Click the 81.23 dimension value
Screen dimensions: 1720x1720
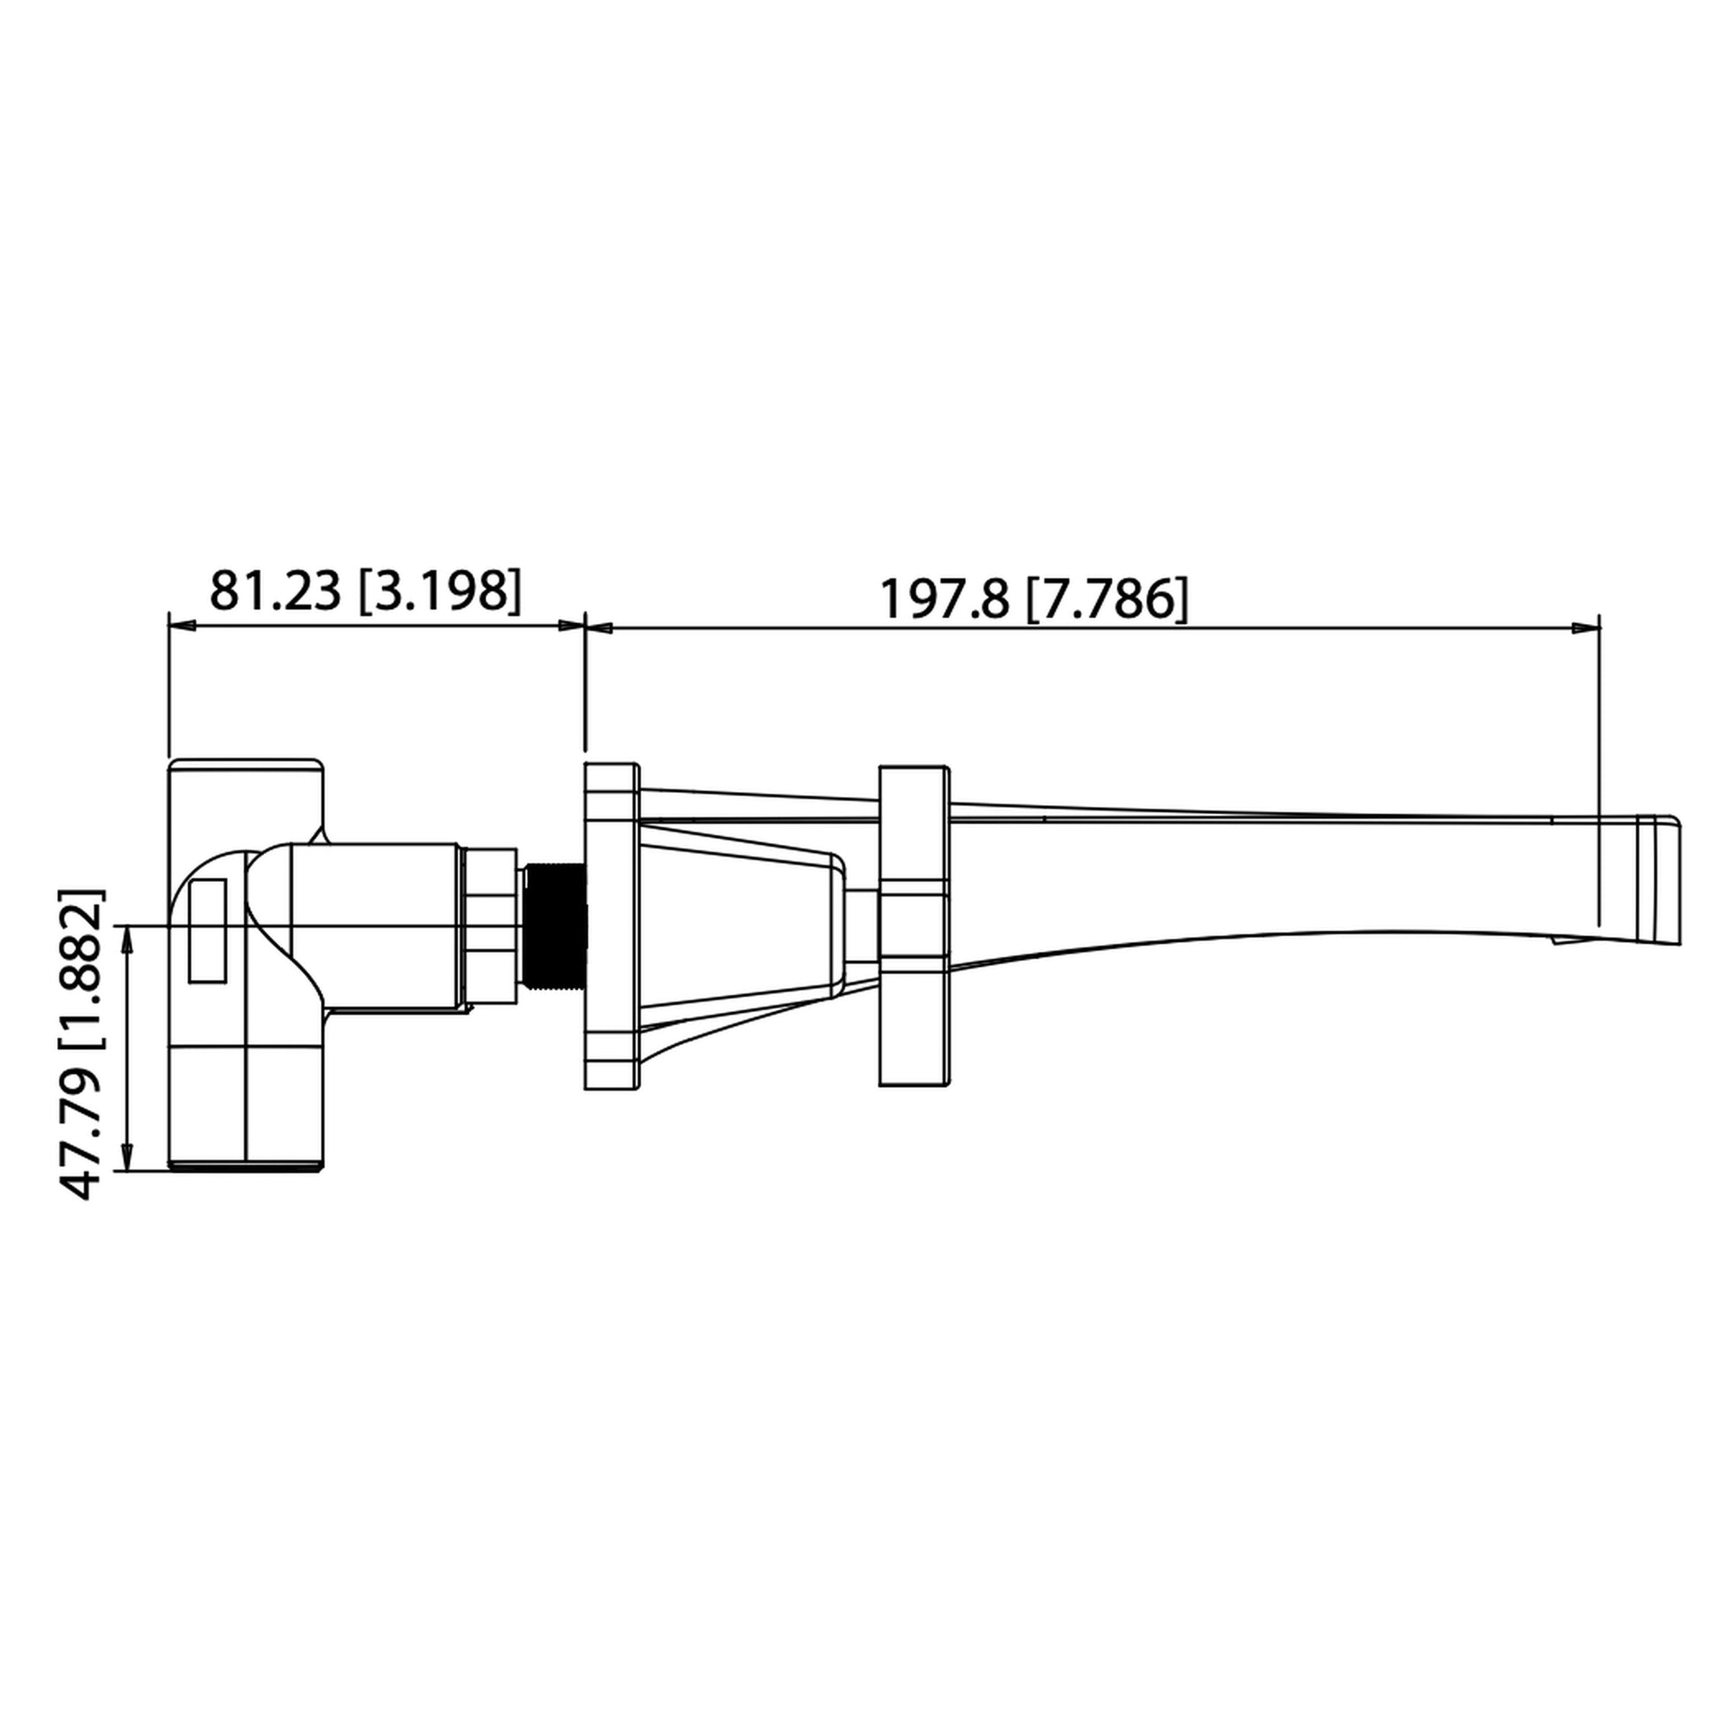(275, 591)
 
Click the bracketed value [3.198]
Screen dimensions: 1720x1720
(439, 591)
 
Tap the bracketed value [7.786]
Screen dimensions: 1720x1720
(1107, 599)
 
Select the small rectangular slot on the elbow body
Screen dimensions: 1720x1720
(208, 932)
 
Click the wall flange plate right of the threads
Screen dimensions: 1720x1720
(611, 926)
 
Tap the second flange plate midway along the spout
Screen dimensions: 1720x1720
(913, 926)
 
